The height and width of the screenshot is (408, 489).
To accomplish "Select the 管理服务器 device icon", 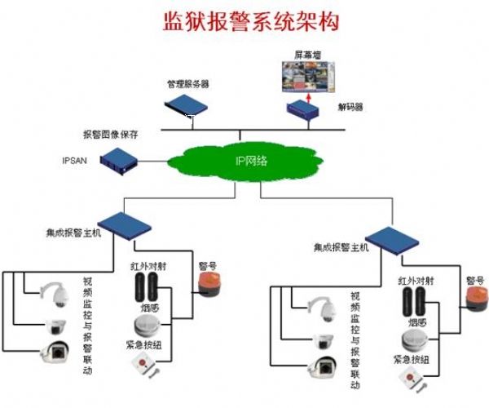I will click(187, 104).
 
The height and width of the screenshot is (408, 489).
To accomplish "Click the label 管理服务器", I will click(188, 82).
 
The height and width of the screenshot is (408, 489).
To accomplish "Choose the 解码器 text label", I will click(351, 107).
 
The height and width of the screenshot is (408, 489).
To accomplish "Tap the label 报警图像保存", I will click(112, 133).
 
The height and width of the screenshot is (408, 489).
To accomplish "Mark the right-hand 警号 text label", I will click(475, 278).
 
